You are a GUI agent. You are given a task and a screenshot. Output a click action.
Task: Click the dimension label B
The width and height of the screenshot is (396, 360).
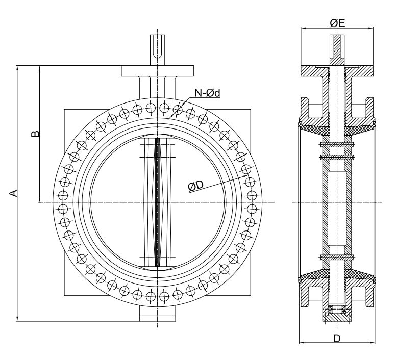34,134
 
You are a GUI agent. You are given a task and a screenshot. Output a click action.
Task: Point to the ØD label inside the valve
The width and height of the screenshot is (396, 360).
195,187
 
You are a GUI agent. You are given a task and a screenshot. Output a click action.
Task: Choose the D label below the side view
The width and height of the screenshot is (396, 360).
337,338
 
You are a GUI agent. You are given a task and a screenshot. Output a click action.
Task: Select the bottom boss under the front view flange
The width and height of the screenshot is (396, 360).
158,315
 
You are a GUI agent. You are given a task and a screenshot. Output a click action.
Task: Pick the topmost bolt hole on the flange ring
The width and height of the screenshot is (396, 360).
164,107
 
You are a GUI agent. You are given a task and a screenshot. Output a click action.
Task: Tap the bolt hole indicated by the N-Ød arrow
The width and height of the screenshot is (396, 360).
178,109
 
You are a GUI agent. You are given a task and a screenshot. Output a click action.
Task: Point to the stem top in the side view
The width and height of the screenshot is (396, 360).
336,43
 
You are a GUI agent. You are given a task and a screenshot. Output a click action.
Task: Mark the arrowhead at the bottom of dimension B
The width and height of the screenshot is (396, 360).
39,199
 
